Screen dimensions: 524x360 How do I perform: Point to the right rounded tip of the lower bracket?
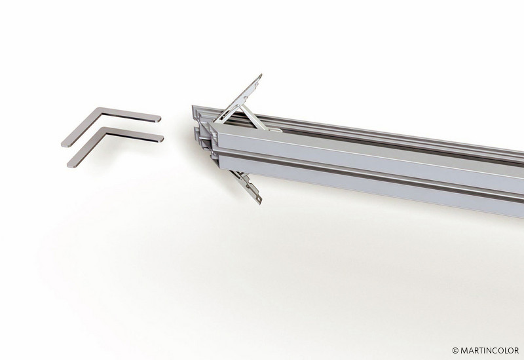(x=162, y=139)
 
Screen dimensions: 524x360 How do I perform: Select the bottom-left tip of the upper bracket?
(x=64, y=144)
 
